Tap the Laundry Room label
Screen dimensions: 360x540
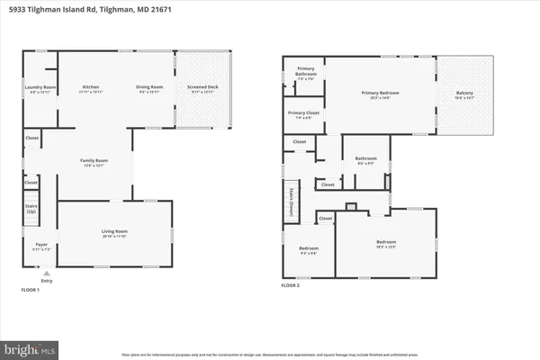pyautogui.click(x=39, y=88)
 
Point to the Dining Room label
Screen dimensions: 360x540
pyautogui.click(x=149, y=88)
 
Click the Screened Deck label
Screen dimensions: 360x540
pyautogui.click(x=202, y=88)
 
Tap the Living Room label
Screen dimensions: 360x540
pyautogui.click(x=114, y=233)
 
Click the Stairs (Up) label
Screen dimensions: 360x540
pyautogui.click(x=31, y=218)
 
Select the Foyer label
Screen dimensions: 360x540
pyautogui.click(x=41, y=246)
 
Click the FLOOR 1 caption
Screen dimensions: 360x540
pyautogui.click(x=31, y=290)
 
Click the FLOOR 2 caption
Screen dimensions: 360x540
pyautogui.click(x=291, y=284)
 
